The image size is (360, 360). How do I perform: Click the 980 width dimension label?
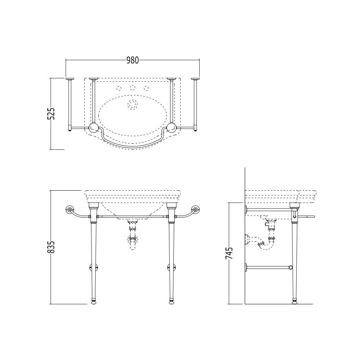pos(132,60)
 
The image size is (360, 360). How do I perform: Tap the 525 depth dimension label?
pos(51,113)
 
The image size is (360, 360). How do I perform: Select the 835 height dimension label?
pos(51,247)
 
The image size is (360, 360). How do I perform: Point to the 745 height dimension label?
pos(229,253)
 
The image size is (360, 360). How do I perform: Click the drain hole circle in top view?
pos(132,105)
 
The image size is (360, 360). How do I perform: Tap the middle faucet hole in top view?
pos(132,88)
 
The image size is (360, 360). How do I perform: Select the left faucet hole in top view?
pos(119,88)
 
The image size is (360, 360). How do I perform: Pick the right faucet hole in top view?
pos(146,88)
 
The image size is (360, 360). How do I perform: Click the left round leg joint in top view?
pos(94,128)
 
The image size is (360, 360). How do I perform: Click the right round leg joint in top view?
pos(171,128)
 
